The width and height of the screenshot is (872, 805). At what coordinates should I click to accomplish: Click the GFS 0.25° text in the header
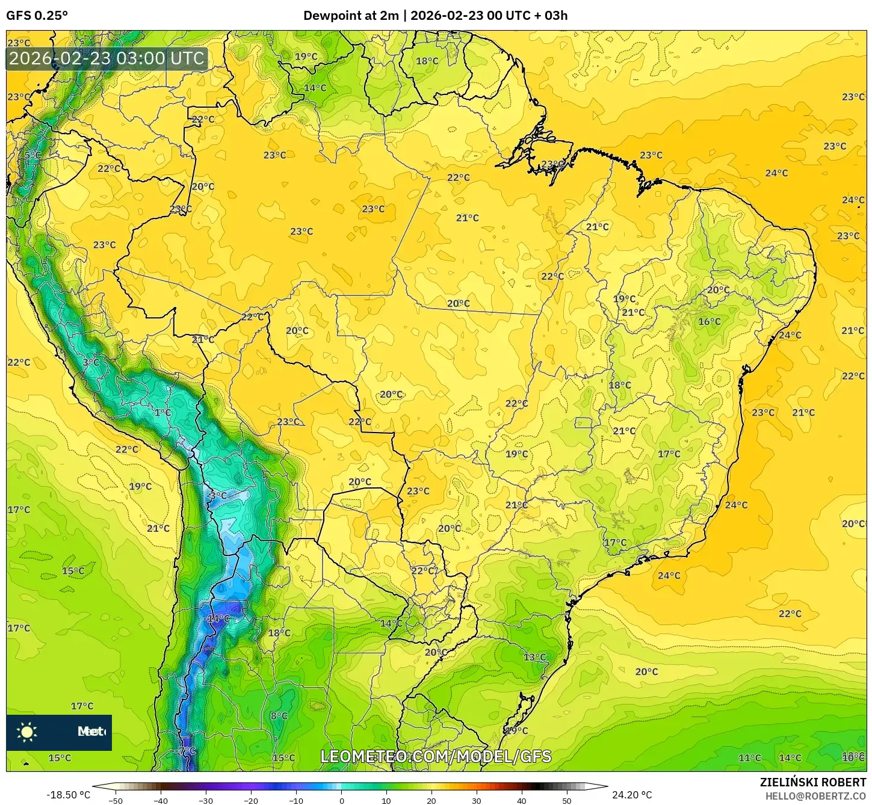37,16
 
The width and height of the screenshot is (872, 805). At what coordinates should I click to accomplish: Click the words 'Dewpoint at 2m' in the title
351,16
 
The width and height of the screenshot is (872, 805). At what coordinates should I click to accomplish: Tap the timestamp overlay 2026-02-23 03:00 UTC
107,58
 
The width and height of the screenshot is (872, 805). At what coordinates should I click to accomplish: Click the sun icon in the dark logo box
27,732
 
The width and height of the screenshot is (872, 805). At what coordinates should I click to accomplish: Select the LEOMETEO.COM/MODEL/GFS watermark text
436,756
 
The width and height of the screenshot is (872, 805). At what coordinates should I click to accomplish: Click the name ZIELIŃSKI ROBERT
812,782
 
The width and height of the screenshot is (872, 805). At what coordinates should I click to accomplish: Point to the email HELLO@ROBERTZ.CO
815,796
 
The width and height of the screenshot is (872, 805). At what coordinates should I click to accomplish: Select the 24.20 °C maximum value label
632,795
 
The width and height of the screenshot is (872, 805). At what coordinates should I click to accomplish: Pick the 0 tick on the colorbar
341,800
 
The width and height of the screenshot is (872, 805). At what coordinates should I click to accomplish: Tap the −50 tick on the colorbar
115,800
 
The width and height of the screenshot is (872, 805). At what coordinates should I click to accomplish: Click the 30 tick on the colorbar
477,800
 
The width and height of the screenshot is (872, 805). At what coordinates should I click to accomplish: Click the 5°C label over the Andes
32,155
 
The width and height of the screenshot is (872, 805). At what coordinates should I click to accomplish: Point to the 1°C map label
162,413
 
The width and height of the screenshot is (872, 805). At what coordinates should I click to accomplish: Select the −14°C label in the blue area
218,618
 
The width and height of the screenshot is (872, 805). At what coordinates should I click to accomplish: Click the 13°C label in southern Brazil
534,657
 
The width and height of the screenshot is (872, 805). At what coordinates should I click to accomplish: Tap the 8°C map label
279,716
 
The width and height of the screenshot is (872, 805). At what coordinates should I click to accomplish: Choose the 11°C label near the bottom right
749,758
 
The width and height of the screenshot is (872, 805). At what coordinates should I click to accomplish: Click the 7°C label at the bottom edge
187,751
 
